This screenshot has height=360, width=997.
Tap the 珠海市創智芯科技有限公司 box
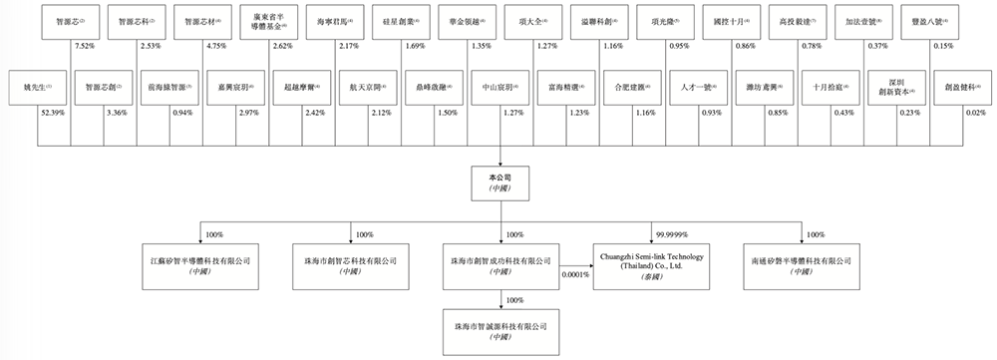tap(349, 262)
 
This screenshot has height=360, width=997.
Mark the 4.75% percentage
tap(219, 46)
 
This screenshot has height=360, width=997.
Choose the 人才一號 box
tap(695, 87)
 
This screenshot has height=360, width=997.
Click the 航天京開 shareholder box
tap(365, 87)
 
